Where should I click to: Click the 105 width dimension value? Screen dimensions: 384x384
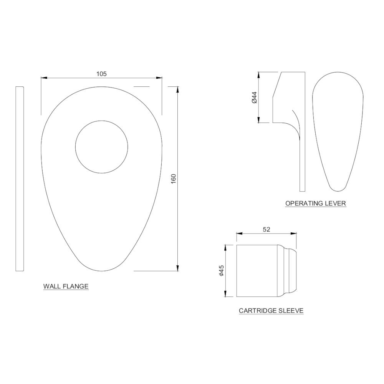(x=101, y=74)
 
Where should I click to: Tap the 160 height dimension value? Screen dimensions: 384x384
(x=174, y=179)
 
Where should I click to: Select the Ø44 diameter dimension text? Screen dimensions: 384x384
(x=254, y=97)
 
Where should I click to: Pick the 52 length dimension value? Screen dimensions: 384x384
(x=266, y=229)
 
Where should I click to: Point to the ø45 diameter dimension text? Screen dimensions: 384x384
(x=222, y=271)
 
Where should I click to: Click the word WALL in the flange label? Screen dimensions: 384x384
(x=52, y=286)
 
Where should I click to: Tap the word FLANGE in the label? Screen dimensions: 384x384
(x=75, y=286)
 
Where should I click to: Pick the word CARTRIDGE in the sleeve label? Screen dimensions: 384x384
(x=258, y=311)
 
